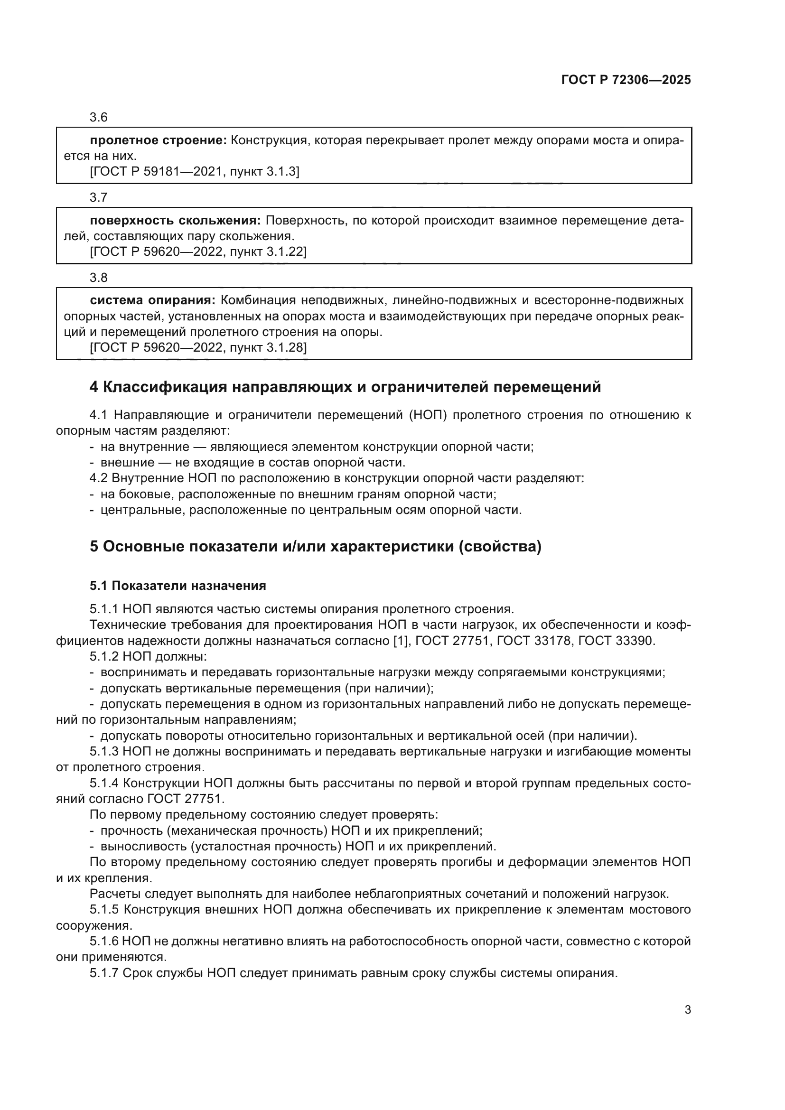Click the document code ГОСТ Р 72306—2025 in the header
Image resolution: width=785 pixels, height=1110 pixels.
(626, 80)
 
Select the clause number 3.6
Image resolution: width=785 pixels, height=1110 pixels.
(99, 118)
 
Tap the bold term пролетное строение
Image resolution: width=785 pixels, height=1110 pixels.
(158, 140)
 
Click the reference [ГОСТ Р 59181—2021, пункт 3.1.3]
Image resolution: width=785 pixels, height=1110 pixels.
(194, 172)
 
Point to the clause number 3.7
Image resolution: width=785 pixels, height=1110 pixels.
(99, 198)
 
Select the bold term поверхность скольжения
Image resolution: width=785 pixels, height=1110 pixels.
(175, 221)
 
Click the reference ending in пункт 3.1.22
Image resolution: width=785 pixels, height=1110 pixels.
(198, 252)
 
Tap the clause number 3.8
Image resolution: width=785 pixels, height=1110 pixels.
(99, 278)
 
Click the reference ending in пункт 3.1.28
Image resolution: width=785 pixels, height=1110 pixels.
(198, 347)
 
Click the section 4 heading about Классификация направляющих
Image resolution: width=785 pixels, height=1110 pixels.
(345, 387)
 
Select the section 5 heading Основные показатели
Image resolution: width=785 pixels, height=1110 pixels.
(315, 547)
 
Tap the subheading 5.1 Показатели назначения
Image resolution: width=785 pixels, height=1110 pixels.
(178, 586)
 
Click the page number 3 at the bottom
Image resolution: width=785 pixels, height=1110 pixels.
(687, 1010)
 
